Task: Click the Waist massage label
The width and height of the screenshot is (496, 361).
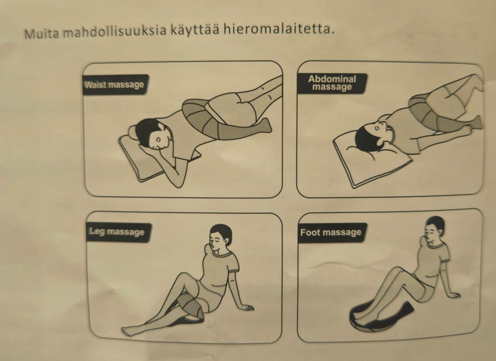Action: [114, 84]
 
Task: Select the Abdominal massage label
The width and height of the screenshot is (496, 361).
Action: [332, 83]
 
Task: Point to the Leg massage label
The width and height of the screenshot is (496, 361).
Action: [117, 232]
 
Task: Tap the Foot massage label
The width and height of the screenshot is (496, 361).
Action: [331, 232]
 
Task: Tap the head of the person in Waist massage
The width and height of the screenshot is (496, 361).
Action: [148, 133]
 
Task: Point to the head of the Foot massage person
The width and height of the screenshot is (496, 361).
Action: [435, 230]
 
